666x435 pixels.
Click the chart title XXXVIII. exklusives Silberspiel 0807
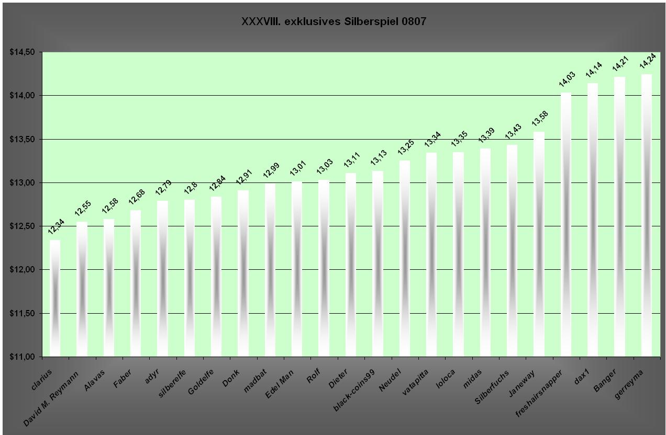[334, 21]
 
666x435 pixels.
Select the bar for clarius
[55, 298]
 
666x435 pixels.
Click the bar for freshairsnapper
[566, 225]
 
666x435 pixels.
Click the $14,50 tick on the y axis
[22, 52]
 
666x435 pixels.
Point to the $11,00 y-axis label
[22, 357]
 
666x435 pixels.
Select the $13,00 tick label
[22, 183]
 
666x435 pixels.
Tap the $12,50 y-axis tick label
[22, 226]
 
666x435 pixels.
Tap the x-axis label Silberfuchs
[492, 387]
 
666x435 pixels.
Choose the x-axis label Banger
[607, 380]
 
